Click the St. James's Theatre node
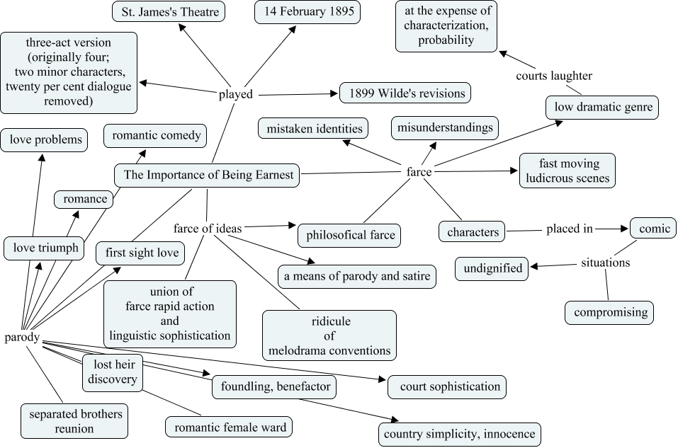point(169,11)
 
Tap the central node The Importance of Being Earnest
point(208,176)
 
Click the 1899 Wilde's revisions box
point(405,93)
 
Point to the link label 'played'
point(235,94)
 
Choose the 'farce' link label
point(419,171)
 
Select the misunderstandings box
point(445,128)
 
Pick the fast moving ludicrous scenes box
point(567,171)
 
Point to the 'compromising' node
point(609,312)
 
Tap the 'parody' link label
point(21,337)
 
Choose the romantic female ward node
point(229,427)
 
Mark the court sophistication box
point(450,386)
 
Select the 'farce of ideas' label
point(208,228)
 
